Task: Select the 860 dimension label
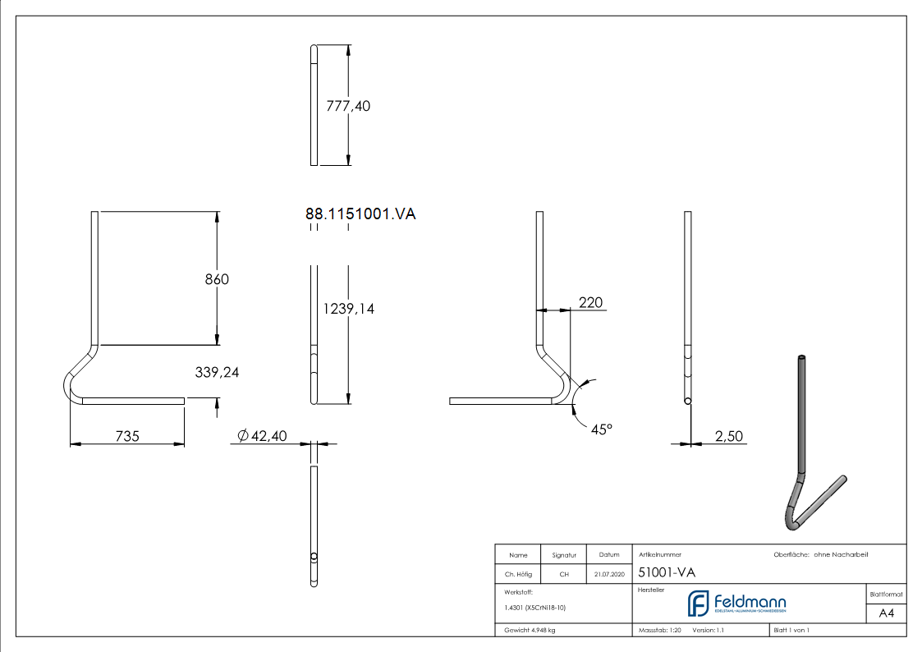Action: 217,279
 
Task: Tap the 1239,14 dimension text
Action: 349,309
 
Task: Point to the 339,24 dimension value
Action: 217,372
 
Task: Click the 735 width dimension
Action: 126,436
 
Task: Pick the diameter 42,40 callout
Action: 262,436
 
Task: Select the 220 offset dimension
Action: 590,303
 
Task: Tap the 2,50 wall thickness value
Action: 728,436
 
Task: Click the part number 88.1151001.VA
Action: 360,214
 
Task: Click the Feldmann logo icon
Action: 699,604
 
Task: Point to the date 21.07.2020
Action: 608,575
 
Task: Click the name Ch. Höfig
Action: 518,575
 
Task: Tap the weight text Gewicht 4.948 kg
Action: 530,630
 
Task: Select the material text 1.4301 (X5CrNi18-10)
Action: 534,608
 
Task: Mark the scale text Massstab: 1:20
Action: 660,630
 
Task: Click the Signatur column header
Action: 564,554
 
